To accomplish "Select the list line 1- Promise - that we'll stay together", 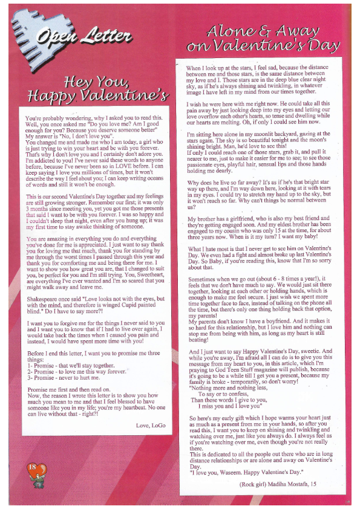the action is point(71,366).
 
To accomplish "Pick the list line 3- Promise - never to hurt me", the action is point(67,378).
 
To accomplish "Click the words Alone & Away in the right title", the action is point(261,31).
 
